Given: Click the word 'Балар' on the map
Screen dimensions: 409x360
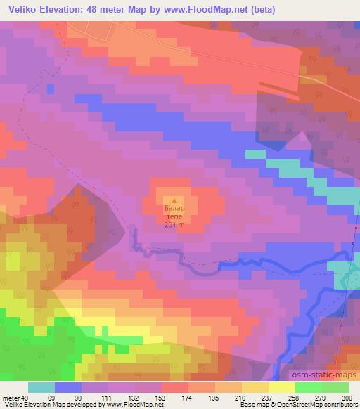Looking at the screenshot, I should point(174,209).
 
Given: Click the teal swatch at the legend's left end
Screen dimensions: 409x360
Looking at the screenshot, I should point(41,387).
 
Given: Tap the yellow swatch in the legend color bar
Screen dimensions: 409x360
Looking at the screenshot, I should point(282,387).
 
